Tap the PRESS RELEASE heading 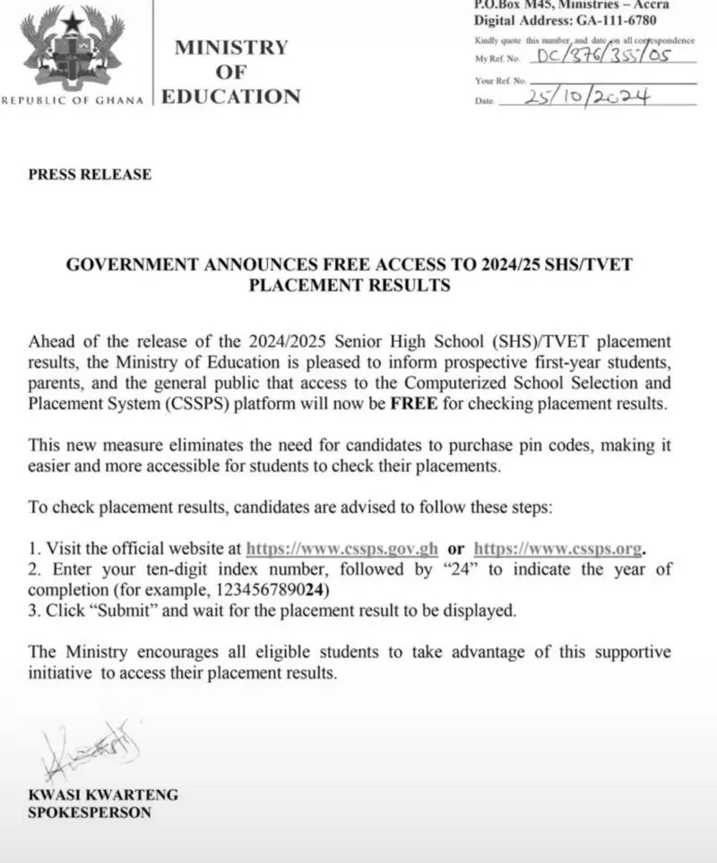tap(90, 175)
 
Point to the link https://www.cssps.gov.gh tap(342, 549)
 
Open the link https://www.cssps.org tap(558, 549)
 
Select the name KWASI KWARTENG tap(103, 795)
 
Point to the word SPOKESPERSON tap(90, 813)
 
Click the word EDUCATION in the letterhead tap(230, 97)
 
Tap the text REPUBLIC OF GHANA tap(73, 100)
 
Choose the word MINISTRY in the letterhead tap(231, 47)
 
